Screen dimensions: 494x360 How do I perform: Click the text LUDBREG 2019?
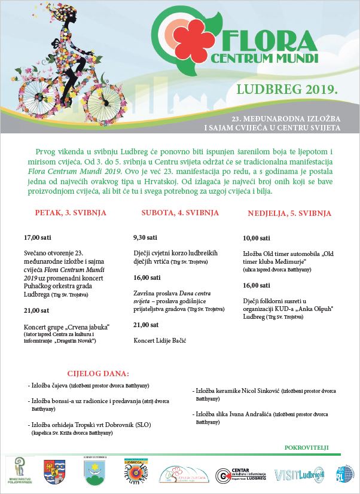coord(287,90)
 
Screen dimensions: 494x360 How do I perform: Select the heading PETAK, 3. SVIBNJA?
coord(62,213)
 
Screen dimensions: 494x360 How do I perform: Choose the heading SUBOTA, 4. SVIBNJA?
coord(174,213)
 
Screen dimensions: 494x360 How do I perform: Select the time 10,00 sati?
coord(257,238)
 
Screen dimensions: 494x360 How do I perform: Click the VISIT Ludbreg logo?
coord(299,475)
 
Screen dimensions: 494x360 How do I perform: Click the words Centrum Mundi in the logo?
coord(263,59)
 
